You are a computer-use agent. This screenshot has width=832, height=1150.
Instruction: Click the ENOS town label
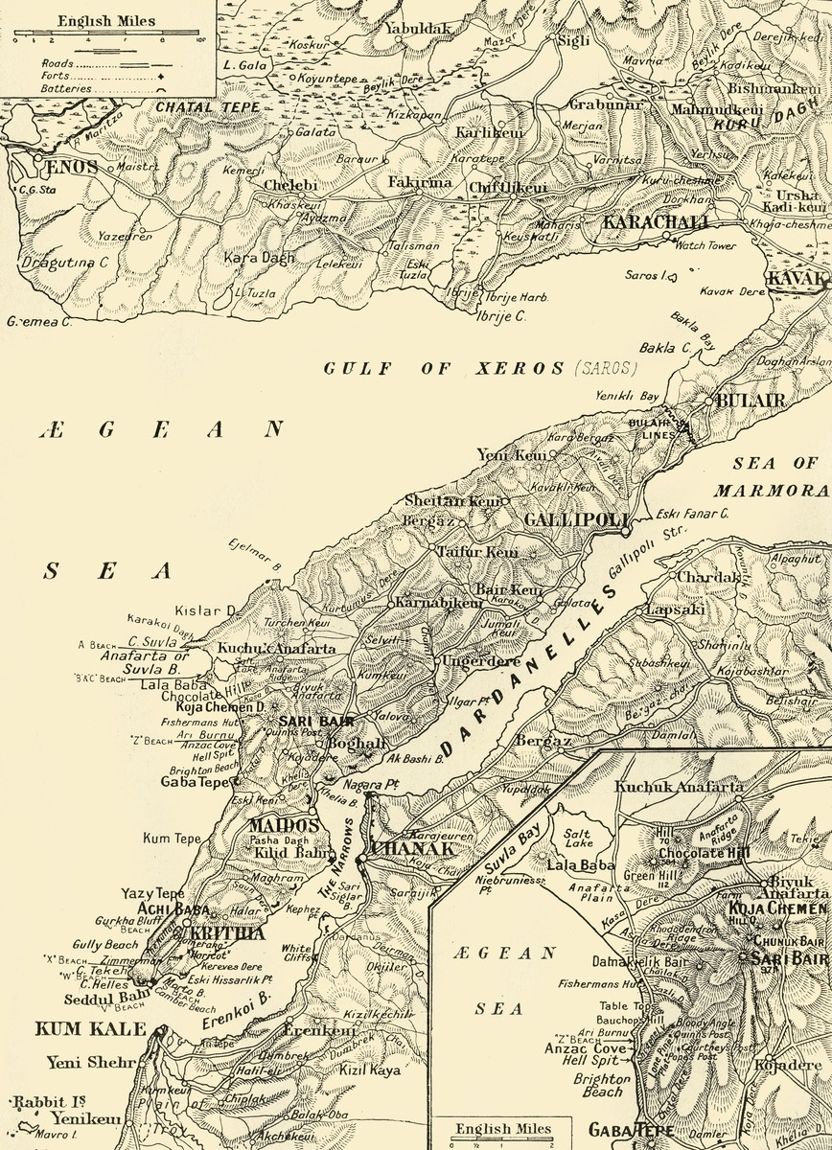[73, 167]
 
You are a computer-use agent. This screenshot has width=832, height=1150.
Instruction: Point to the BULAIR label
[744, 400]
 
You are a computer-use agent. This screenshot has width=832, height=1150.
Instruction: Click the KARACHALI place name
[656, 223]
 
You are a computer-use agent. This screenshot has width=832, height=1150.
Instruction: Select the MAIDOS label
[283, 824]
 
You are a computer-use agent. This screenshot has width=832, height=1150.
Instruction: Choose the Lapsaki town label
[670, 609]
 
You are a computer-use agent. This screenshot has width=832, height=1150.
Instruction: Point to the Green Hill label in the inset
[647, 874]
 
